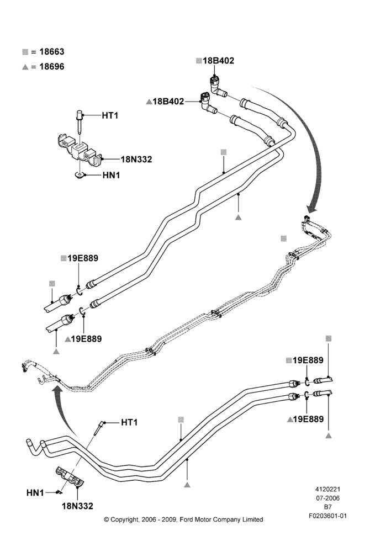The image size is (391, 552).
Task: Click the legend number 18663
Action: [52, 52]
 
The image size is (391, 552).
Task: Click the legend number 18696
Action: [52, 67]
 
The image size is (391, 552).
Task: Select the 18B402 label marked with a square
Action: [218, 61]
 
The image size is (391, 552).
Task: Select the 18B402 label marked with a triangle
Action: [168, 102]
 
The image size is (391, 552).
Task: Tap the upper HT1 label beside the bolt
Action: [110, 115]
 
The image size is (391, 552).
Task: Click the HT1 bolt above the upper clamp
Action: [80, 121]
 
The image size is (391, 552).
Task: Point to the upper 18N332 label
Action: [136, 160]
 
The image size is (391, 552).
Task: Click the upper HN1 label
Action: [112, 175]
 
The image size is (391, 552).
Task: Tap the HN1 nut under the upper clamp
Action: [80, 175]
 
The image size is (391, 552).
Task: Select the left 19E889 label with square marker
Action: [83, 258]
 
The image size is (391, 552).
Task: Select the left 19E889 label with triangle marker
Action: [86, 339]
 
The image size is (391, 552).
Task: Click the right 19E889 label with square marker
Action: [308, 360]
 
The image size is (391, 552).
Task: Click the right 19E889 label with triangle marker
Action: [308, 419]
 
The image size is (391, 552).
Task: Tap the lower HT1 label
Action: [129, 422]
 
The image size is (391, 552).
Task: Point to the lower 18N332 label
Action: [77, 506]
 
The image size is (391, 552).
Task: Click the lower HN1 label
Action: [35, 493]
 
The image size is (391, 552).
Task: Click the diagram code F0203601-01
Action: [327, 516]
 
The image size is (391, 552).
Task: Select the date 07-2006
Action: [327, 498]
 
